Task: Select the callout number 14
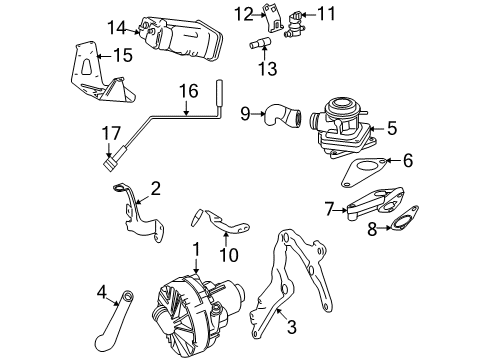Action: [119, 27]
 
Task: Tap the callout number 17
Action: [113, 130]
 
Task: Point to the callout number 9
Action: [244, 113]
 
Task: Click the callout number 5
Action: [393, 127]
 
